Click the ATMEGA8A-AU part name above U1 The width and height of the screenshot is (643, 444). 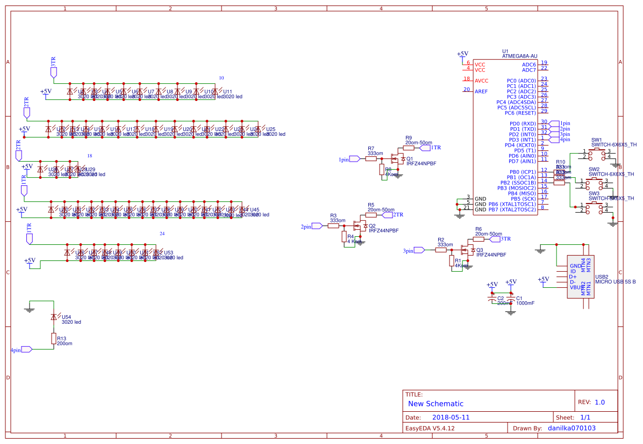click(x=519, y=56)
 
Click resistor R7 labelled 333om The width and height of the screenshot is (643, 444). click(x=371, y=159)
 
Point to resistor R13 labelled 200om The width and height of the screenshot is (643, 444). click(x=53, y=338)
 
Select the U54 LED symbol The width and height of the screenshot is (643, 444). click(x=53, y=317)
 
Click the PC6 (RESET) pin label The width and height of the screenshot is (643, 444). click(x=520, y=113)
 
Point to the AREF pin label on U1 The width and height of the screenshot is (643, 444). click(x=481, y=91)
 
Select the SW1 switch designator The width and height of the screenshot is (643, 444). click(x=596, y=140)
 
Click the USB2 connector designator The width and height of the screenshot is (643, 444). click(x=602, y=276)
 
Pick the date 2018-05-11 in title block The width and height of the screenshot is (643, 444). click(x=451, y=417)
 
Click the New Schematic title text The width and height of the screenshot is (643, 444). click(x=435, y=404)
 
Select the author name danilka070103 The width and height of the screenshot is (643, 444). click(x=571, y=428)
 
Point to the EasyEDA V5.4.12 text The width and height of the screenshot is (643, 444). click(x=430, y=428)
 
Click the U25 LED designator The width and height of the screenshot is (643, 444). click(x=270, y=129)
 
